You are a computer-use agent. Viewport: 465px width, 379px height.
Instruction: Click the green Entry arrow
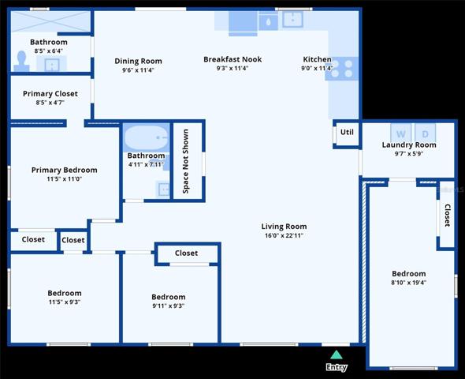click(337, 355)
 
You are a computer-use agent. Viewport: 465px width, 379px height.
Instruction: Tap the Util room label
click(347, 132)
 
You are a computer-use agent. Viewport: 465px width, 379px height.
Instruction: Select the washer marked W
click(400, 133)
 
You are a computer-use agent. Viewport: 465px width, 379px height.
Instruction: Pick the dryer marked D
click(426, 133)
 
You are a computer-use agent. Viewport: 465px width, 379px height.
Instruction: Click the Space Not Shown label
click(186, 161)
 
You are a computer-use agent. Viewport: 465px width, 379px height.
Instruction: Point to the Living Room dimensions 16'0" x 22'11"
click(284, 235)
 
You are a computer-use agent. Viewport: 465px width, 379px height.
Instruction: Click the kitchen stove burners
click(342, 69)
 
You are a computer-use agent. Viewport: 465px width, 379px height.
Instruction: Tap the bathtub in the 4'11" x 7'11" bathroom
click(147, 138)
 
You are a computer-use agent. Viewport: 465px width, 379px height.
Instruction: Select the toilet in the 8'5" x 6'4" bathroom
click(21, 61)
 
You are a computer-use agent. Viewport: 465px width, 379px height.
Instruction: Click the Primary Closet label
click(50, 93)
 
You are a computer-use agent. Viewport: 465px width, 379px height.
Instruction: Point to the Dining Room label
click(138, 61)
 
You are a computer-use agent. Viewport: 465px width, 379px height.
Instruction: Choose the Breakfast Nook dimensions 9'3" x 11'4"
click(232, 68)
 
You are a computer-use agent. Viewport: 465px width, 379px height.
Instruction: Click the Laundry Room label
click(409, 145)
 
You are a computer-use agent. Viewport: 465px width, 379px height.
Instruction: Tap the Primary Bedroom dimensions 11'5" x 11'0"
click(65, 178)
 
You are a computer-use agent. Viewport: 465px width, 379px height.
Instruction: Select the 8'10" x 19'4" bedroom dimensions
click(409, 283)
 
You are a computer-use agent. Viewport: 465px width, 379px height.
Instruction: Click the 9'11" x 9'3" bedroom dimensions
click(169, 306)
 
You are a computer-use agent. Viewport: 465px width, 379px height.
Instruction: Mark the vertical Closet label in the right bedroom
click(447, 216)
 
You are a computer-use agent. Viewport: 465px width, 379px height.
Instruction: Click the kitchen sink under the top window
click(292, 20)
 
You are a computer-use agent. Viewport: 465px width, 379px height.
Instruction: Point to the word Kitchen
click(317, 59)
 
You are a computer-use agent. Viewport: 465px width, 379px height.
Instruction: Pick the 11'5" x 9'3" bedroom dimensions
click(65, 302)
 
